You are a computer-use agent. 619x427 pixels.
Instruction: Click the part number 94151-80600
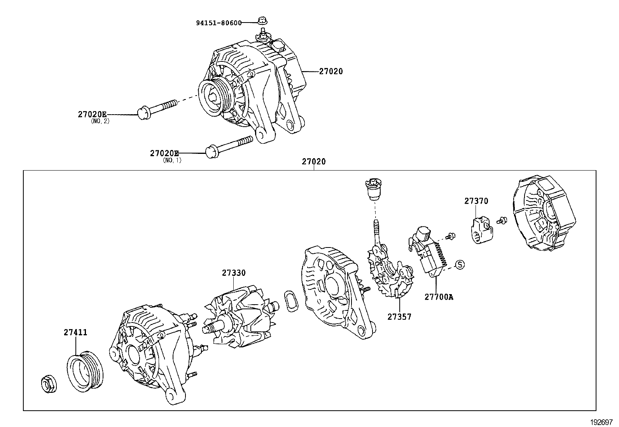point(218,23)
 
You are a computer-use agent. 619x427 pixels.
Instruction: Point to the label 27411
point(75,333)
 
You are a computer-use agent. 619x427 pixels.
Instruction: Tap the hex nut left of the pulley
point(49,384)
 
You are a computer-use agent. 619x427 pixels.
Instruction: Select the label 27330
point(234,273)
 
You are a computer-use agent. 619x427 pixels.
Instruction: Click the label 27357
point(399,317)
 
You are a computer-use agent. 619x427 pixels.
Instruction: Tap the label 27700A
point(439,297)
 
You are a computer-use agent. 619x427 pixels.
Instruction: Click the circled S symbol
point(460,265)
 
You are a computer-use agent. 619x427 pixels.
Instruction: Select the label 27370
point(476,201)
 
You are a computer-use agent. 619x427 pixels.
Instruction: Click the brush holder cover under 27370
point(481,230)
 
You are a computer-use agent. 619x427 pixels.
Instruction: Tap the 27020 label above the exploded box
point(314,162)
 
